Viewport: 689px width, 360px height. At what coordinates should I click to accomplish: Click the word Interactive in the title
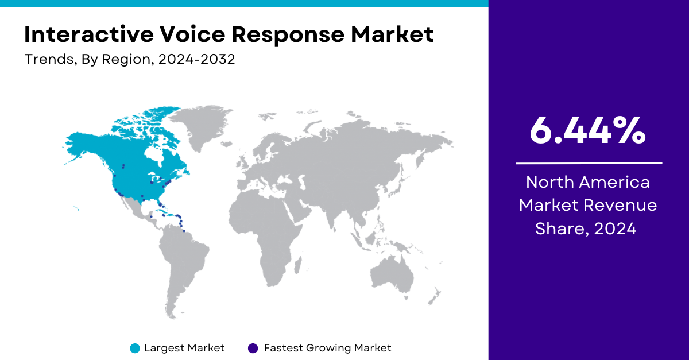[x=89, y=34]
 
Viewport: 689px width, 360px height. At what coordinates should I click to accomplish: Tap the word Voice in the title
[x=192, y=34]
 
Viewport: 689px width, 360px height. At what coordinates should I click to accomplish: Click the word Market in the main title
[x=392, y=34]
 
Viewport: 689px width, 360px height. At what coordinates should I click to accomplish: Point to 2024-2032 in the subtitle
[x=196, y=59]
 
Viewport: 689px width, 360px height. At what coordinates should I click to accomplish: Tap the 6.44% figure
[x=588, y=130]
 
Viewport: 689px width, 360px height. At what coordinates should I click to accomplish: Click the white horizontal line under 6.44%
[x=589, y=164]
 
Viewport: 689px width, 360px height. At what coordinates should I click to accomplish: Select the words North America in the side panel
[x=588, y=182]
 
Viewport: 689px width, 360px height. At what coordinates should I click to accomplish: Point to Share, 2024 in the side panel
[x=586, y=229]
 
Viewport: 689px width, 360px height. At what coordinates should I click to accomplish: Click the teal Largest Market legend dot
[x=135, y=349]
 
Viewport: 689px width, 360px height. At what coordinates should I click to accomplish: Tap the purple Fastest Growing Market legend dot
[x=253, y=349]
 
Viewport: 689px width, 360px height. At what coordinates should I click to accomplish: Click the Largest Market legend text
[x=184, y=348]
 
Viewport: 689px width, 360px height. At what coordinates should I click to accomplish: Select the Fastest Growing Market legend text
[x=328, y=348]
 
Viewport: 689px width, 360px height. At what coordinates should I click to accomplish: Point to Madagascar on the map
[x=298, y=265]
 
